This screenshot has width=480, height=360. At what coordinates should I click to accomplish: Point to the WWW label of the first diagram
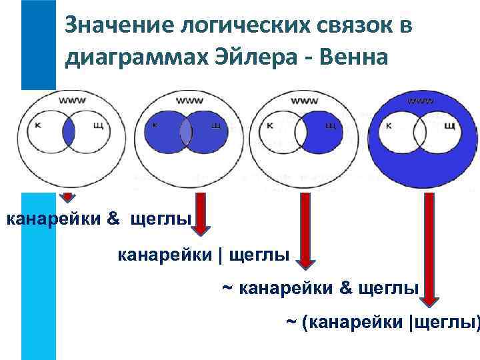[71, 101]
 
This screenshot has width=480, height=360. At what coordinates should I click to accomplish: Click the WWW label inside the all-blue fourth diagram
[419, 101]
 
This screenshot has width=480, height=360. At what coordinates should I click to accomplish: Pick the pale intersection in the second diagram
[185, 131]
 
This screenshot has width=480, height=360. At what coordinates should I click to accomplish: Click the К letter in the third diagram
[269, 125]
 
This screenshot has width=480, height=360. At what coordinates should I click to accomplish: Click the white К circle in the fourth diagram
[398, 129]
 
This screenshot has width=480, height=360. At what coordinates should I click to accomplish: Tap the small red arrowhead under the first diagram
[67, 197]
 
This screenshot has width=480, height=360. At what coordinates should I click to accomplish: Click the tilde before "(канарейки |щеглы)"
[291, 323]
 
